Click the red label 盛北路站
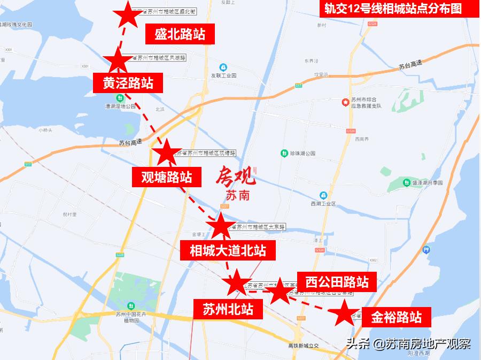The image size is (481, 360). [180, 35]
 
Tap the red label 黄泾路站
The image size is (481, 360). [128, 83]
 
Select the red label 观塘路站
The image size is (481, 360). [162, 176]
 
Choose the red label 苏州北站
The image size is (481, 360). [228, 309]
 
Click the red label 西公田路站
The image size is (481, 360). [337, 281]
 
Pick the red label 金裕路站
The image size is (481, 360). [396, 317]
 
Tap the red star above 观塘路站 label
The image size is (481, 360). [166, 152]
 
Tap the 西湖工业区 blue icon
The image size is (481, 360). [323, 195]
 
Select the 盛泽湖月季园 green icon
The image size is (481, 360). [407, 182]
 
